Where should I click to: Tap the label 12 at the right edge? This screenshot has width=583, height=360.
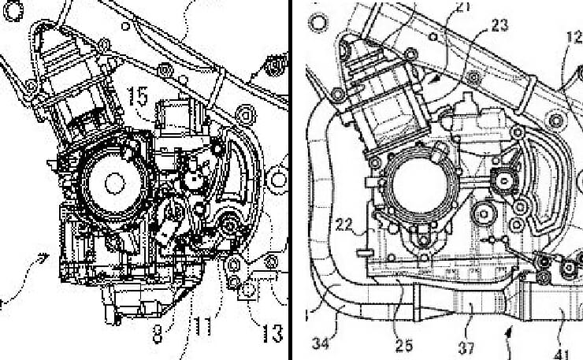[574, 36]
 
